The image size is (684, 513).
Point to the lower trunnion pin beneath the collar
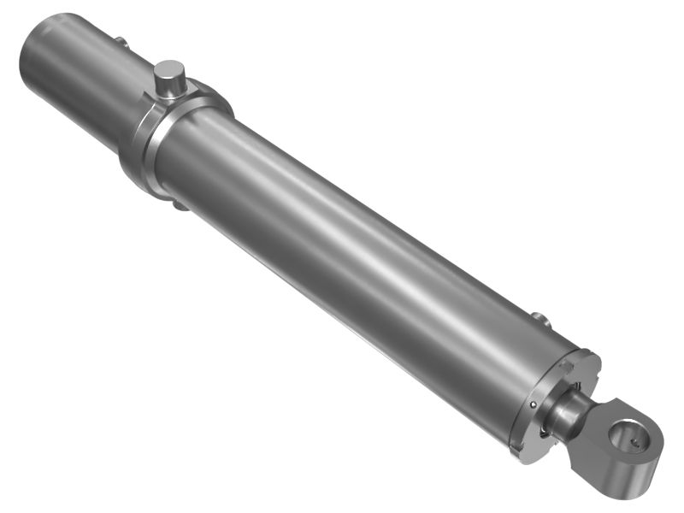[x=177, y=204]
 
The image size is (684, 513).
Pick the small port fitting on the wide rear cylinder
[x=121, y=40]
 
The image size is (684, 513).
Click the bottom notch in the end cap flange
[x=516, y=448]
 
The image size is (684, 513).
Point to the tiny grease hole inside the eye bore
[x=634, y=442]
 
